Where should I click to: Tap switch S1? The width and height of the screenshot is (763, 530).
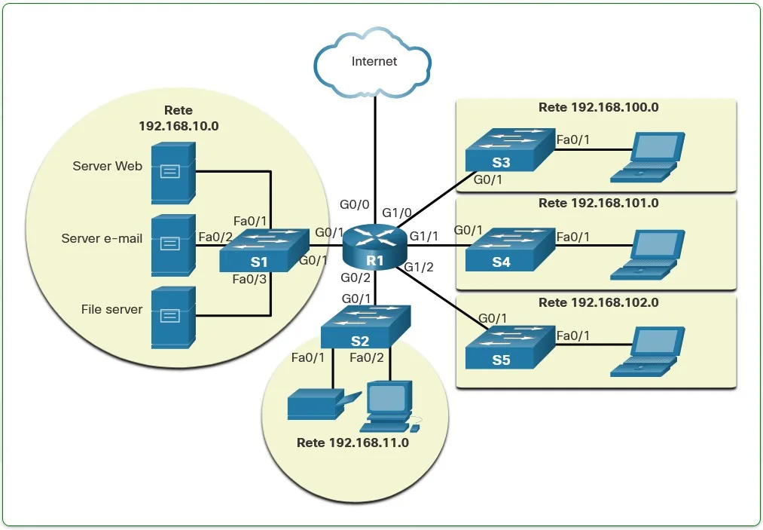pos(264,251)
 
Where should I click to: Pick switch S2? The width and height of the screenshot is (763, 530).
pos(365,327)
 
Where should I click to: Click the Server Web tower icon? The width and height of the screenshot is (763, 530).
pos(174,173)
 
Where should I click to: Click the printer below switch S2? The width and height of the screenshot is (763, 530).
pos(316,404)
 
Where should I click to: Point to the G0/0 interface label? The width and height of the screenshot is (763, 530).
pos(355,205)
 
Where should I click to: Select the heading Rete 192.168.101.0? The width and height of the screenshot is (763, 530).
pos(598,204)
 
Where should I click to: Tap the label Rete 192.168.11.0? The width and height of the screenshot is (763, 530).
pos(353,443)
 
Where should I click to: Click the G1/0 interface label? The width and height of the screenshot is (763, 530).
pos(398,213)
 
